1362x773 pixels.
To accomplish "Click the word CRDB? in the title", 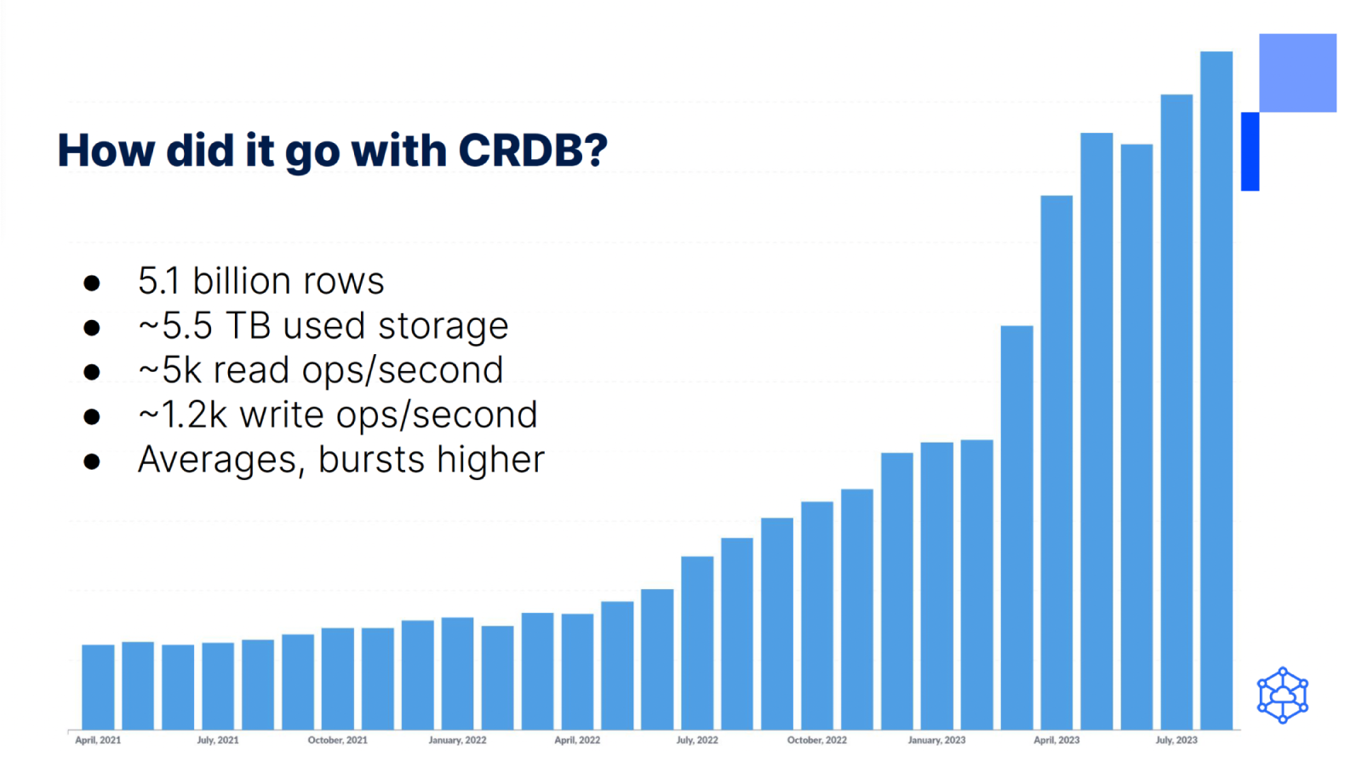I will [x=533, y=151].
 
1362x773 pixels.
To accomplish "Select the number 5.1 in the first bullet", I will [x=158, y=281].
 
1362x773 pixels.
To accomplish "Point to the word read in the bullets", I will [x=251, y=370].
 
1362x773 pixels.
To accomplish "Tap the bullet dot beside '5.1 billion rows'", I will [x=92, y=283].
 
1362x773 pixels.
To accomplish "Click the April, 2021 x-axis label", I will [x=98, y=740].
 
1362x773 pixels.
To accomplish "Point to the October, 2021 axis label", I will [x=338, y=740].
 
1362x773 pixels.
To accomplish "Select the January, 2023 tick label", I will [x=936, y=740].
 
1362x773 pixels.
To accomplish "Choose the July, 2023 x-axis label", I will [x=1176, y=740].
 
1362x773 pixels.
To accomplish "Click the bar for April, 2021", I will [x=98, y=686].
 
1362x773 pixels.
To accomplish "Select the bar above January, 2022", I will [x=457, y=673].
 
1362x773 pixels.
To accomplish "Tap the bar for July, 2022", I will [x=697, y=643].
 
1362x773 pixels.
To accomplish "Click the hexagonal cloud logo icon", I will [x=1282, y=696].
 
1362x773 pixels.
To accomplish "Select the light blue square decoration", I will [x=1297, y=72].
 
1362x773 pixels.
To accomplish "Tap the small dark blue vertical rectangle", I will [x=1250, y=152].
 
